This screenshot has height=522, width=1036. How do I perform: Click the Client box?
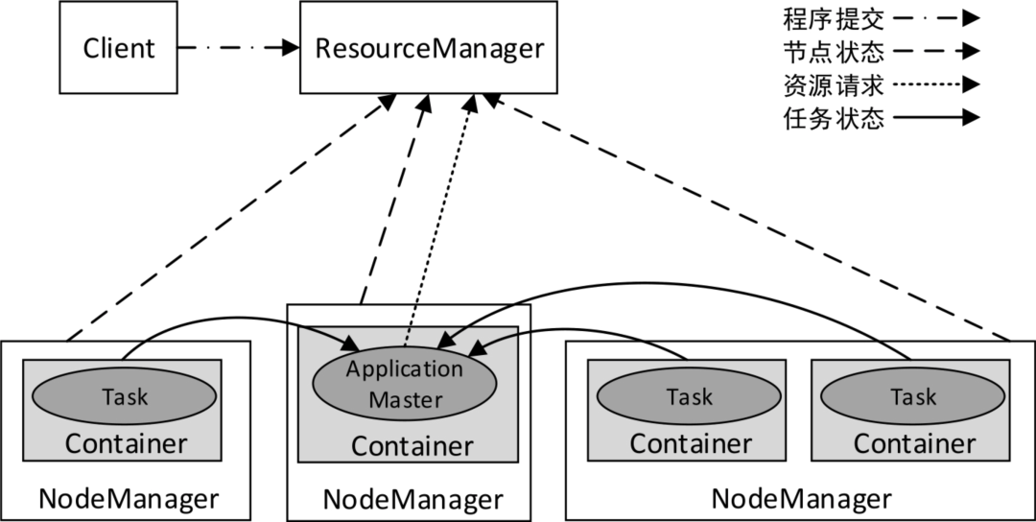point(119,48)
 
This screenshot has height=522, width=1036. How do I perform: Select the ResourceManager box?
point(429,47)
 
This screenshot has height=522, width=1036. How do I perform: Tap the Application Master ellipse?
point(405,383)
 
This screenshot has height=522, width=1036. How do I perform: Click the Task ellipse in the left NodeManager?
point(124,395)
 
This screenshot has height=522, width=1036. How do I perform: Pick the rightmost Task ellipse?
point(912,396)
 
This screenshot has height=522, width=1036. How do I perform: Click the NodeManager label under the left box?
point(129,499)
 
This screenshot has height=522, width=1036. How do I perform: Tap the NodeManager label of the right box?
point(801,499)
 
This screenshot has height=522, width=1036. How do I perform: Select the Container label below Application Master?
point(412,446)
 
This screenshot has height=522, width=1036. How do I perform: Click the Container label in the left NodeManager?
point(126,444)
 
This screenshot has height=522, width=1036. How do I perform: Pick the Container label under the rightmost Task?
point(914,443)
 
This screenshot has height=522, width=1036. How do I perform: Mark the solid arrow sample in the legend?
point(935,118)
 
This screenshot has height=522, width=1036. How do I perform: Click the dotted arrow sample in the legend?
point(935,84)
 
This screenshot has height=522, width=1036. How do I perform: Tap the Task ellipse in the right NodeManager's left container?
point(689,396)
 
